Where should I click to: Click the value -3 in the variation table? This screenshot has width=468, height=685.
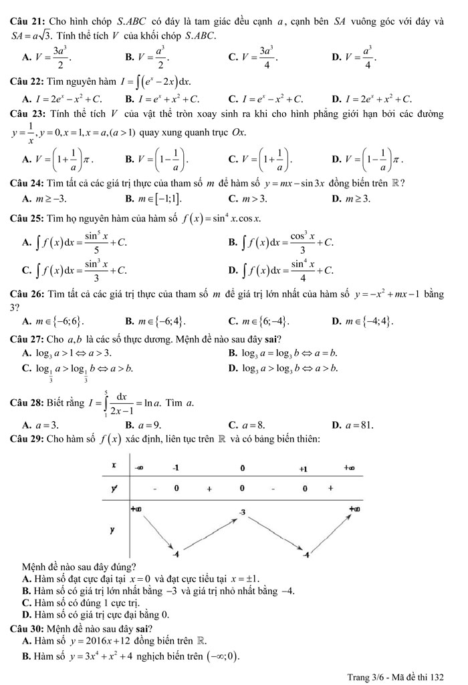(x=243, y=511)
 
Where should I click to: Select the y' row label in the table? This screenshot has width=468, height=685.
(x=114, y=488)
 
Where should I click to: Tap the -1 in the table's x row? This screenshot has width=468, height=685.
(x=176, y=467)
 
